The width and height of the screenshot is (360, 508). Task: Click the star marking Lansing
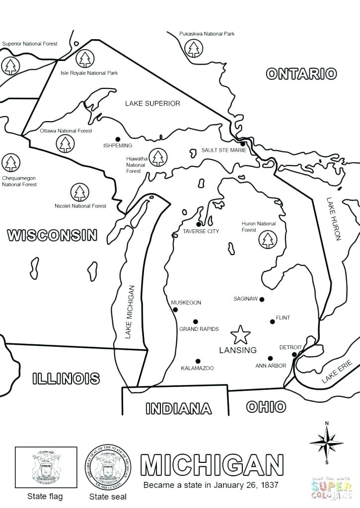click(x=241, y=335)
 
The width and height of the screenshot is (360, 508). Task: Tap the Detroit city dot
click(x=294, y=354)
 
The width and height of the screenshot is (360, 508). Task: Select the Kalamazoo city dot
click(x=198, y=361)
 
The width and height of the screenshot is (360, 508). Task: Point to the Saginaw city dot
click(x=262, y=299)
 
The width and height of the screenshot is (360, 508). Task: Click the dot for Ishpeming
click(x=118, y=139)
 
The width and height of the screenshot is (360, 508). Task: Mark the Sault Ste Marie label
click(x=223, y=150)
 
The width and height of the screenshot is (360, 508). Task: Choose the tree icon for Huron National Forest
click(x=268, y=240)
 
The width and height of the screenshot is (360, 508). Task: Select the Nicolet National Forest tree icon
click(x=78, y=192)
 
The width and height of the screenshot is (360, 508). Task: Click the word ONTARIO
click(x=301, y=74)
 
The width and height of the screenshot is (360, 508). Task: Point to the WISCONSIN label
click(x=52, y=235)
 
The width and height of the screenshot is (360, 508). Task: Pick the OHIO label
click(x=266, y=407)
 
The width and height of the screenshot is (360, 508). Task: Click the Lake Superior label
click(x=152, y=104)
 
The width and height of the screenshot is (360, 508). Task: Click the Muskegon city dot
click(x=175, y=310)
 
